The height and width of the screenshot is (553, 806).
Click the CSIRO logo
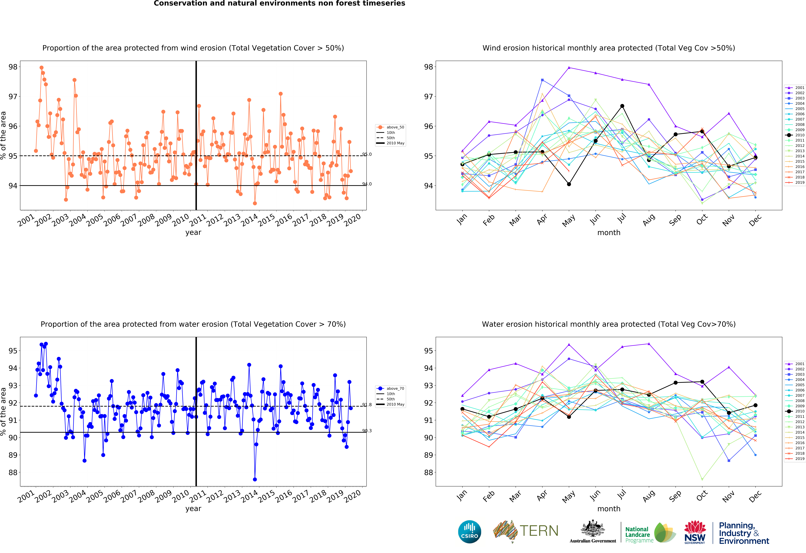470,531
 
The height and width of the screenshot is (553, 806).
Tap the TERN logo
525,531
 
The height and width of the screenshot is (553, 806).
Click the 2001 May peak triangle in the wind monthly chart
569,68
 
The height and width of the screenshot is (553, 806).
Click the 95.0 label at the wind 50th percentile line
367,154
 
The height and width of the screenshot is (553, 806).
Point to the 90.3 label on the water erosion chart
367,431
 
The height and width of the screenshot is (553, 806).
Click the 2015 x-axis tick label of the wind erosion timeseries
266,220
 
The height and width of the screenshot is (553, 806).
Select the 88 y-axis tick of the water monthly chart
429,472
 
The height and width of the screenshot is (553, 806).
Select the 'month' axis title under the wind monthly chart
609,233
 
